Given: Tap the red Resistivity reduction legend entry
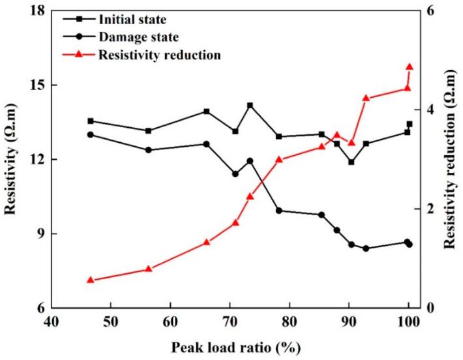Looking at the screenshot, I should click(159, 55).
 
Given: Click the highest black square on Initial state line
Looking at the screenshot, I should click(250, 106).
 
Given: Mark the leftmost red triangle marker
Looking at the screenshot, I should click(91, 280).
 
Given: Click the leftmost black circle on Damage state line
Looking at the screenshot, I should click(91, 134).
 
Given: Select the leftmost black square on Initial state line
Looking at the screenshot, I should click(91, 121).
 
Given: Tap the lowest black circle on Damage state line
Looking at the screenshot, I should click(366, 248).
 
